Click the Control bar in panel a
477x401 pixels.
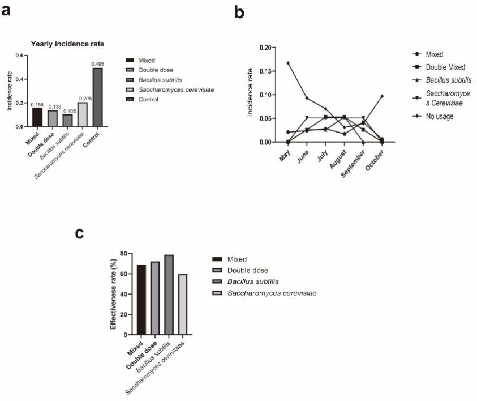pos(98,97)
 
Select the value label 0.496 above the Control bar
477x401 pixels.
pos(98,64)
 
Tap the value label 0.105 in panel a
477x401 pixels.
pos(67,110)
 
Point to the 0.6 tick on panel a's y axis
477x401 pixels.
pos(22,56)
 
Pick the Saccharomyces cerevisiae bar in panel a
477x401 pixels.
pos(83,114)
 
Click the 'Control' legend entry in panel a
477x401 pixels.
pos(147,99)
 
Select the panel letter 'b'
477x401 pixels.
pos(239,12)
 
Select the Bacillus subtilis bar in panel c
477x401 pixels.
pos(169,295)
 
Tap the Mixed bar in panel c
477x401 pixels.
pos(141,300)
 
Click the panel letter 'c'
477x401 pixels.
pos(80,233)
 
